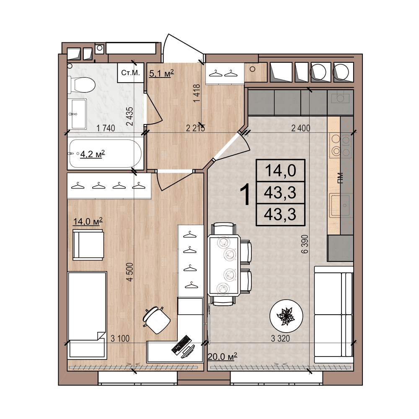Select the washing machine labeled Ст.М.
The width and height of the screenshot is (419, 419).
[x=131, y=73]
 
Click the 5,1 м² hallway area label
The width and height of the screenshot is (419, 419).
[x=161, y=74]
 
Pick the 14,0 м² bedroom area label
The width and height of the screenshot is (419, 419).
[x=88, y=222]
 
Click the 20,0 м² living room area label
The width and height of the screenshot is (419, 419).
[x=222, y=356]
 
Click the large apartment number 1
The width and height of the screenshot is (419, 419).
[x=246, y=193]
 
